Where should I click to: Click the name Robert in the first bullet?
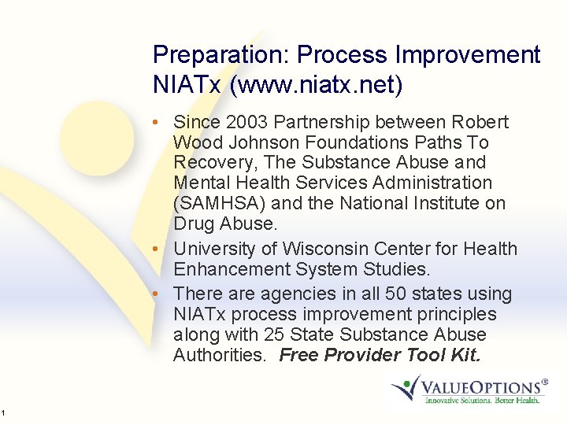(x=480, y=122)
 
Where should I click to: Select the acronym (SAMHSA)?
(x=215, y=203)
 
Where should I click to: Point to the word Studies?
(x=399, y=269)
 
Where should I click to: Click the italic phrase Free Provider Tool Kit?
(x=380, y=355)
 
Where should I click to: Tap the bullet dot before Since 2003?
(x=158, y=123)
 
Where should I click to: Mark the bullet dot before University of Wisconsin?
(x=158, y=249)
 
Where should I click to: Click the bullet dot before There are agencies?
(x=158, y=294)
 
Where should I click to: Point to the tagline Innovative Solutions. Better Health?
(x=482, y=401)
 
